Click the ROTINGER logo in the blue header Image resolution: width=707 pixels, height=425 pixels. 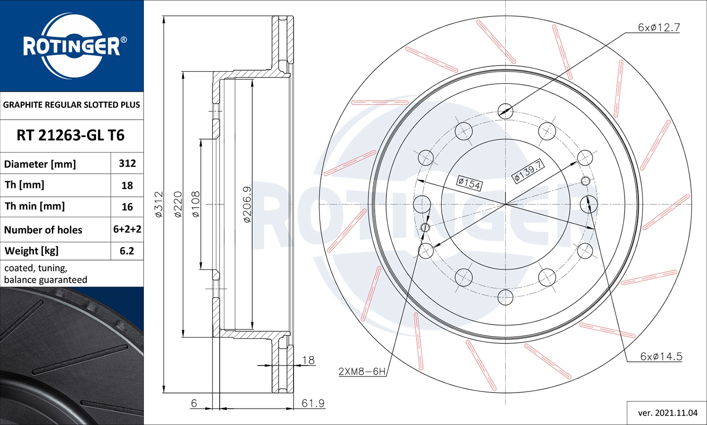[x=72, y=46]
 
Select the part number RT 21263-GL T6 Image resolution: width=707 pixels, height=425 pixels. [x=71, y=136]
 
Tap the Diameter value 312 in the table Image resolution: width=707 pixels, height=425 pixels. [x=127, y=163]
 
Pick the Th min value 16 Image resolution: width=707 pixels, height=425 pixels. [x=127, y=207]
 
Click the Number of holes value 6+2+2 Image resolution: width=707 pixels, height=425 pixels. [x=127, y=229]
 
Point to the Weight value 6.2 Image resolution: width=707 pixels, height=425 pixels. [x=127, y=251]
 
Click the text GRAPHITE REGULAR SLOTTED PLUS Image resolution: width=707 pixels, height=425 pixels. [x=72, y=105]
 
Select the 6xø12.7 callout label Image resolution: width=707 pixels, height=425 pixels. [x=658, y=28]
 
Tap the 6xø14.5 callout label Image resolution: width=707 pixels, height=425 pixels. [x=661, y=357]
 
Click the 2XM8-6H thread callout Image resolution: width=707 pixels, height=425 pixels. [x=362, y=371]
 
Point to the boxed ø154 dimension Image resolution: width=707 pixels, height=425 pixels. [x=469, y=183]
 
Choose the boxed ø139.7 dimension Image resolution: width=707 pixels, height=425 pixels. [x=528, y=171]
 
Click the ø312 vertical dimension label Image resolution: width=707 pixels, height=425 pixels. [x=159, y=204]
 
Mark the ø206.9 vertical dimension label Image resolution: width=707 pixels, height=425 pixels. [x=247, y=204]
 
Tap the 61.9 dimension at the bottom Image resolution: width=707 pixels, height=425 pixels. [x=313, y=403]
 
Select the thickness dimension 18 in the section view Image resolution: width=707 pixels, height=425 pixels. [x=308, y=360]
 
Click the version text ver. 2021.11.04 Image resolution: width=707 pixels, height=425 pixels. [x=667, y=413]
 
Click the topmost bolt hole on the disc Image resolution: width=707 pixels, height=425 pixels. [x=505, y=111]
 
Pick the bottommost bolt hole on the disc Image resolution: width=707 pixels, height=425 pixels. [x=505, y=297]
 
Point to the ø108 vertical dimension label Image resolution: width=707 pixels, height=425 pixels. [x=196, y=204]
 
